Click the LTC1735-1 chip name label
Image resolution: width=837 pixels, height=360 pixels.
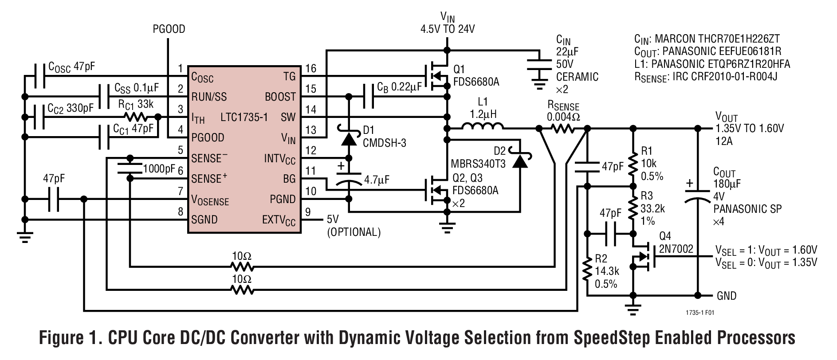pos(244,117)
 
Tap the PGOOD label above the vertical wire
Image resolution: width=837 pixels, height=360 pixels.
pos(169,29)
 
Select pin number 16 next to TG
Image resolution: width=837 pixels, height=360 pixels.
pos(311,68)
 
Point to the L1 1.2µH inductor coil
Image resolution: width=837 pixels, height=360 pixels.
pos(483,128)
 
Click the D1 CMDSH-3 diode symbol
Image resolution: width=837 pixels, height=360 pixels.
pos(349,138)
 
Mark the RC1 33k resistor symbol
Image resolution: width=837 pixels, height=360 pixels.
pos(136,117)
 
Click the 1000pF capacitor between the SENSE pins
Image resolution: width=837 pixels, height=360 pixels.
pos(130,168)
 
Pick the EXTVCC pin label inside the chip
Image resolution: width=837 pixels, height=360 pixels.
pos(279,220)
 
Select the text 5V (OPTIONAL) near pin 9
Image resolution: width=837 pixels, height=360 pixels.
pos(353,225)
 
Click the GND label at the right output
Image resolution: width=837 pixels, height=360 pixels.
pos(726,296)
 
